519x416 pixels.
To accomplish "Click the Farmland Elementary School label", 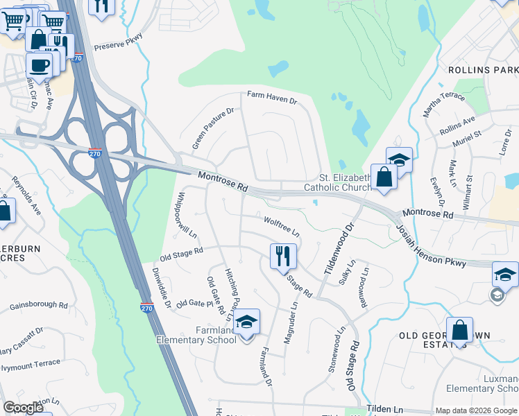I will [x=196, y=335].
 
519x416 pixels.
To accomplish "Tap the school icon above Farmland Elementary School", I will [x=246, y=322].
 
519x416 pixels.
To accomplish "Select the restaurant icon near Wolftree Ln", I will [x=283, y=257].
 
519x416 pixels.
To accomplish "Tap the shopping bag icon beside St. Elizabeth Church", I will [x=384, y=177].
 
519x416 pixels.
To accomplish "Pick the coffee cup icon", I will [x=39, y=65].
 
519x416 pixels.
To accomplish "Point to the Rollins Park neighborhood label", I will [x=483, y=71].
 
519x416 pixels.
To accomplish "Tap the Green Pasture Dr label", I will [x=214, y=128].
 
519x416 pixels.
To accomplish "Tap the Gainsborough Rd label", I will [x=39, y=305].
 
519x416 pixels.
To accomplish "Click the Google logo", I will [x=23, y=408].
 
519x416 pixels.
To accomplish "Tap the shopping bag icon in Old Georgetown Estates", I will [x=459, y=329].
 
